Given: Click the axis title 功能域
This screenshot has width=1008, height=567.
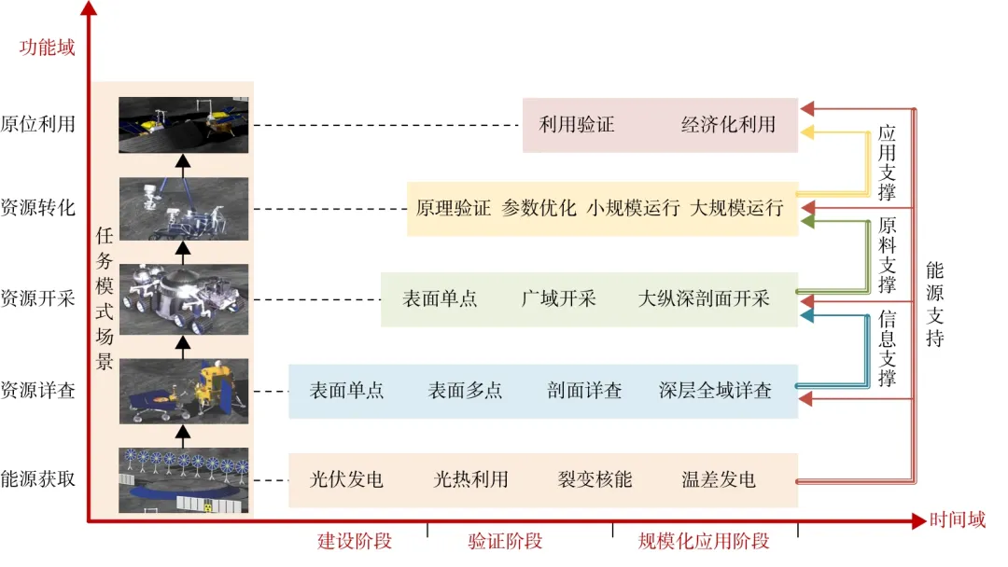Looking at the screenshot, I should click(48, 47).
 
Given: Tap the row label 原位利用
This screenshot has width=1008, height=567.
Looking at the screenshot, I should click(38, 125).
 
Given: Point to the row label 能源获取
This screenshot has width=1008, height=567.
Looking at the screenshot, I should click(38, 479).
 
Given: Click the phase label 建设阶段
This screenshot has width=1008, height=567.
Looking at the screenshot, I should click(355, 541).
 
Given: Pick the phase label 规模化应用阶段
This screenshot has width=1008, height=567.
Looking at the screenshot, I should click(704, 541).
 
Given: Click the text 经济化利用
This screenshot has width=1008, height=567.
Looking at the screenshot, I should click(728, 125).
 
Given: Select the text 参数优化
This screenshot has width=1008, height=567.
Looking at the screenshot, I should click(539, 208).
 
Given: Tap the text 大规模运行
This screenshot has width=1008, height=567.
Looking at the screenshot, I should click(736, 208).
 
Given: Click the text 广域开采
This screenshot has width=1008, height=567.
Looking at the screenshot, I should click(558, 299).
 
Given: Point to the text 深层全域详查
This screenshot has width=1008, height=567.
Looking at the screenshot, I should click(715, 391).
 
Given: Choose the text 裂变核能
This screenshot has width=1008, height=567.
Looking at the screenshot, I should click(595, 480).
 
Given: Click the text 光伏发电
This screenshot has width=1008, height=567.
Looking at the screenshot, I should click(346, 480).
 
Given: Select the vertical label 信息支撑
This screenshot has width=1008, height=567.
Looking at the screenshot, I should click(887, 349).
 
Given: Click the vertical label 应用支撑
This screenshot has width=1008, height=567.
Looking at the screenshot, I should click(887, 163).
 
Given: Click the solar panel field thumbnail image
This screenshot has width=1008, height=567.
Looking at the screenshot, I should click(184, 480).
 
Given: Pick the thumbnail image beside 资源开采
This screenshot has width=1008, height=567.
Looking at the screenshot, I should click(184, 299).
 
